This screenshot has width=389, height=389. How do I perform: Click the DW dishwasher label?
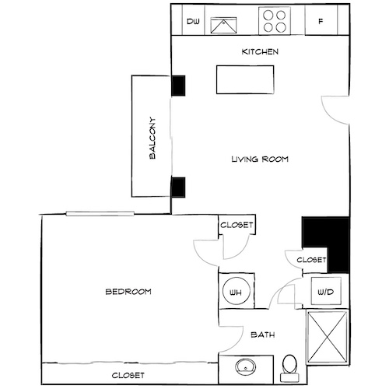click(192, 22)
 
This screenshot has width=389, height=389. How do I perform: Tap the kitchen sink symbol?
click(226, 22)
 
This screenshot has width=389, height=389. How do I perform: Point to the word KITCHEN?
click(259, 52)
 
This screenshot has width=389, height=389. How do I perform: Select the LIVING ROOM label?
click(260, 159)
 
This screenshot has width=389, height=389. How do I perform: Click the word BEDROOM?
click(128, 292)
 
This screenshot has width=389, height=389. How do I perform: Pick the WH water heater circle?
click(235, 292)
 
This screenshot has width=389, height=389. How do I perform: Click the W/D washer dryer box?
click(324, 293)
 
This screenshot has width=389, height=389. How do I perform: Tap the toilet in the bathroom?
click(289, 366)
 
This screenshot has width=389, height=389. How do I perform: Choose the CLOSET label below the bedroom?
click(128, 375)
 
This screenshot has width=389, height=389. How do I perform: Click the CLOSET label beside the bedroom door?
click(237, 225)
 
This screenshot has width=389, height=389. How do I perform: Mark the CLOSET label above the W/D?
click(311, 260)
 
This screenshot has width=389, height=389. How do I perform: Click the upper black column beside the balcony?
click(177, 85)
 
